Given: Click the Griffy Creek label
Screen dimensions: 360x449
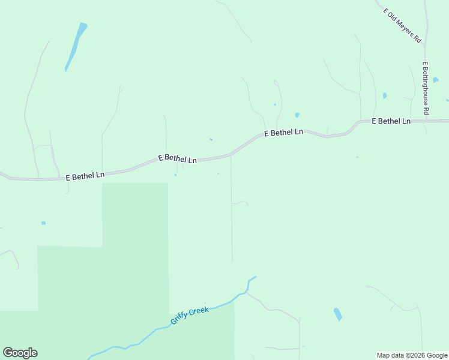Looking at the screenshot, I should [x=189, y=315].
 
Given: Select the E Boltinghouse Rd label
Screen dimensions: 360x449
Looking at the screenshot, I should [x=426, y=88].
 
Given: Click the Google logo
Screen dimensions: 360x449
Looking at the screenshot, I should [x=20, y=353].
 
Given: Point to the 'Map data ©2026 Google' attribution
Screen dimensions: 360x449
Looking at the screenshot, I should [x=412, y=355].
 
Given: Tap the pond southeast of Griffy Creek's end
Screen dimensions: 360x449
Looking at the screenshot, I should [x=338, y=314].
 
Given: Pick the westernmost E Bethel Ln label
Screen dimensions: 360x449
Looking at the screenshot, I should [x=85, y=175].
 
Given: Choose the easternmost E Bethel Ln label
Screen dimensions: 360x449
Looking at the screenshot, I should [x=391, y=121].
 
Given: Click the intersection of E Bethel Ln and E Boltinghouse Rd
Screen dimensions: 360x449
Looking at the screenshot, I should [x=426, y=121].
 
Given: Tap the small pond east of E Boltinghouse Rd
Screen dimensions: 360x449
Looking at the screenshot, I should [x=435, y=79].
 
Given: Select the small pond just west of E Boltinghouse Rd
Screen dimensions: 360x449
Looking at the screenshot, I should [x=385, y=95].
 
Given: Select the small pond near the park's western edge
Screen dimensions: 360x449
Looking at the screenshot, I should [x=43, y=223].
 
